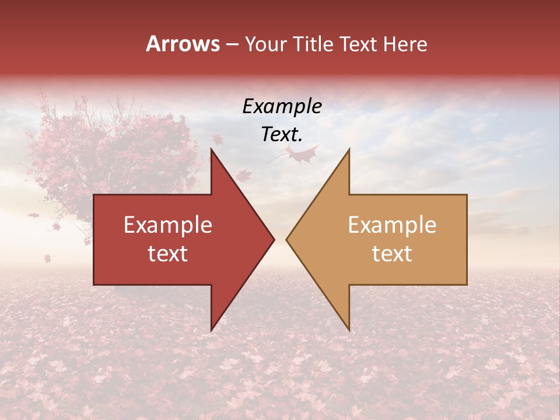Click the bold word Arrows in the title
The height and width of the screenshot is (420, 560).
click(183, 44)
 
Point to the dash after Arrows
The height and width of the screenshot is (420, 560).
click(232, 44)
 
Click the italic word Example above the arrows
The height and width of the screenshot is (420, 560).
click(282, 107)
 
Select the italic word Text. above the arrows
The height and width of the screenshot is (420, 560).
click(282, 134)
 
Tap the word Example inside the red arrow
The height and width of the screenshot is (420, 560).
click(168, 225)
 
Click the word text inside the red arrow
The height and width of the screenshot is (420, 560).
click(168, 254)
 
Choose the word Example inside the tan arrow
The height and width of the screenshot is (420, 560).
click(392, 225)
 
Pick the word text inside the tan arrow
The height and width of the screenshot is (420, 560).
click(392, 254)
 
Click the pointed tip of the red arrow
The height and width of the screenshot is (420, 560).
click(274, 239)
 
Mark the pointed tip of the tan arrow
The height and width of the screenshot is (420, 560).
click(287, 239)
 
